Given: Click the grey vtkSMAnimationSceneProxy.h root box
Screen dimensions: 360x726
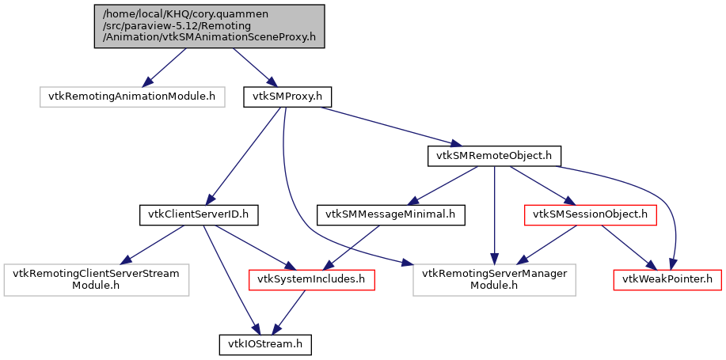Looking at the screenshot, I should (x=209, y=26).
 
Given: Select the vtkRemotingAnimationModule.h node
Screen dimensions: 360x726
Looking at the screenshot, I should (x=131, y=97).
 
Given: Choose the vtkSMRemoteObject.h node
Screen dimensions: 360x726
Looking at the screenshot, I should (x=495, y=156).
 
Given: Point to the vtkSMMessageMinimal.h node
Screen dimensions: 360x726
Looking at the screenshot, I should (x=391, y=214).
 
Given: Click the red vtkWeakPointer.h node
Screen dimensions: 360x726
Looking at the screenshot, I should (x=667, y=279).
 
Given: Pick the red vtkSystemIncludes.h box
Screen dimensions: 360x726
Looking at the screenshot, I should (x=311, y=279).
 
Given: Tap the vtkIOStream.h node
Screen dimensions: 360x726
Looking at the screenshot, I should (x=265, y=344).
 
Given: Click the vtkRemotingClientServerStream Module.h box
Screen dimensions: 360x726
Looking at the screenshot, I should (x=96, y=279).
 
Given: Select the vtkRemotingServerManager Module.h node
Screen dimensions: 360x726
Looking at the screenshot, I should (x=494, y=279).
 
